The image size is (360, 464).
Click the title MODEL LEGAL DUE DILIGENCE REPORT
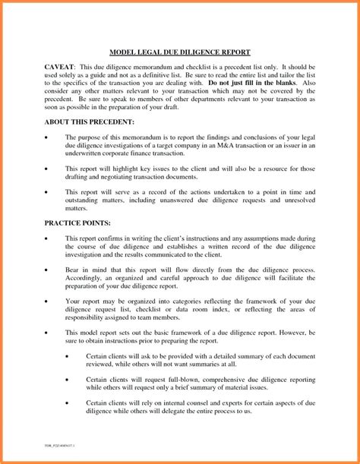tap(180, 52)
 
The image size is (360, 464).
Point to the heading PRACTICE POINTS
tap(77, 224)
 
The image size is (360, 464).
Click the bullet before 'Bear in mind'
tap(47, 270)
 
